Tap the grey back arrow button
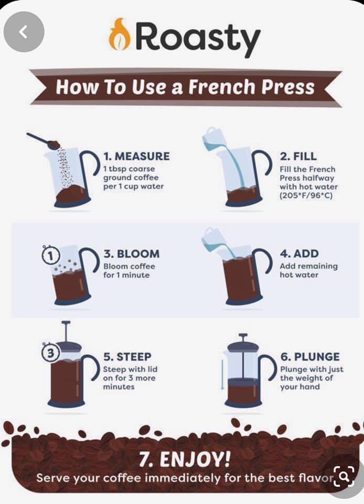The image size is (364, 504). pyautogui.click(x=24, y=32)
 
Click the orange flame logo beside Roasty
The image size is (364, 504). pyautogui.click(x=120, y=35)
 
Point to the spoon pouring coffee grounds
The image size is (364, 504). pyautogui.click(x=44, y=141)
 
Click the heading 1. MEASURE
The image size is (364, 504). pyautogui.click(x=136, y=156)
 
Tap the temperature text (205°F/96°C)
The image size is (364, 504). pyautogui.click(x=306, y=196)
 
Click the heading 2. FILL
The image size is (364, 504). pyautogui.click(x=298, y=156)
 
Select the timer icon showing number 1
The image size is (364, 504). pyautogui.click(x=51, y=255)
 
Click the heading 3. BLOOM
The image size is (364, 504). pyautogui.click(x=131, y=254)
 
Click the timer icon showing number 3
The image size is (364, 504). pyautogui.click(x=50, y=353)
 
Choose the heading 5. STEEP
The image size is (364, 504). pyautogui.click(x=127, y=357)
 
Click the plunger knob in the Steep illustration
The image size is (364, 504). pyautogui.click(x=66, y=322)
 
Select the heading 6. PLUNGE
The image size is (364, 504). pyautogui.click(x=310, y=357)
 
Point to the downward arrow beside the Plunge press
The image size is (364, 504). pyautogui.click(x=222, y=374)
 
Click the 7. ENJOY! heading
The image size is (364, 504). pyautogui.click(x=185, y=459)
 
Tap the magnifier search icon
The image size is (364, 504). pyautogui.click(x=344, y=476)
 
